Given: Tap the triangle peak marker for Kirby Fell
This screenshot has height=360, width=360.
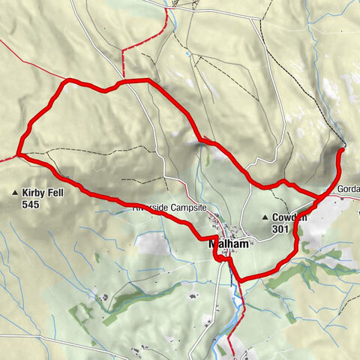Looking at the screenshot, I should (x=15, y=193).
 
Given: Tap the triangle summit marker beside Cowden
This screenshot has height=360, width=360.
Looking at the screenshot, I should (x=265, y=218).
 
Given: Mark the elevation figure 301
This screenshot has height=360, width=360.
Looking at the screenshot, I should (x=280, y=229).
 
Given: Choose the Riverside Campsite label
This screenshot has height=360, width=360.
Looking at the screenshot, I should (x=173, y=208).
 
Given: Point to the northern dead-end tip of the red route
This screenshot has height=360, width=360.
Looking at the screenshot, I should (x=341, y=151).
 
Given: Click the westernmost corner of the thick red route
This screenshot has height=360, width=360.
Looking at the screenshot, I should (x=19, y=154).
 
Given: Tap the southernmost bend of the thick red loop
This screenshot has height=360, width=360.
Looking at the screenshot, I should (x=241, y=280).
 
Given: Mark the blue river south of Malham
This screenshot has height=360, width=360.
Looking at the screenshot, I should (x=238, y=300).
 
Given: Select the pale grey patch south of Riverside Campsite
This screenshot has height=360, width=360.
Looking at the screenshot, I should (x=154, y=244).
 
